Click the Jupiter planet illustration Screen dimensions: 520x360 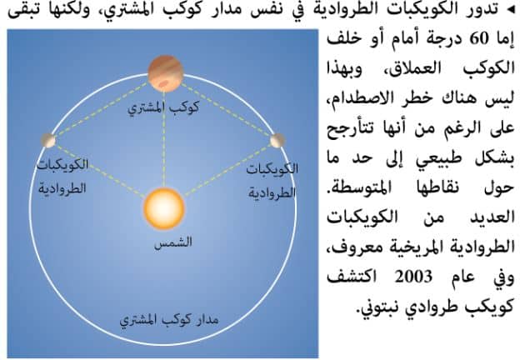tap(165, 74)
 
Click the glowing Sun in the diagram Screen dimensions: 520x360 tap(164, 209)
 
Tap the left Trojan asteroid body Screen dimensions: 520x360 tap(48, 140)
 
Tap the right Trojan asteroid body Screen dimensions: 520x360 tap(277, 141)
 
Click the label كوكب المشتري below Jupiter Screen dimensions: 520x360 tap(163, 107)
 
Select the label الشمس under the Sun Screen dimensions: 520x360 tap(173, 242)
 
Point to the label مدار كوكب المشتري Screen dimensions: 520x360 tap(169, 320)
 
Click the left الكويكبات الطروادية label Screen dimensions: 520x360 tap(62, 176)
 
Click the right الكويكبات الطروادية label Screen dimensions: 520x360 tap(272, 181)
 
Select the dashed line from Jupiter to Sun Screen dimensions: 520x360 tap(164, 140)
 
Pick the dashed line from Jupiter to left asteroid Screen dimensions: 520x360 tap(102, 110)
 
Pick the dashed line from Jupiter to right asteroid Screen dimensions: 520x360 tap(226, 110)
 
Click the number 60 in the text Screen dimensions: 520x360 tap(479, 39)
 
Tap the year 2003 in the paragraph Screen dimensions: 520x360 tap(413, 277)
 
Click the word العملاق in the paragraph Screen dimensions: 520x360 tap(414, 68)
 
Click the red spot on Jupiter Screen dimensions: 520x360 tap(163, 84)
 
